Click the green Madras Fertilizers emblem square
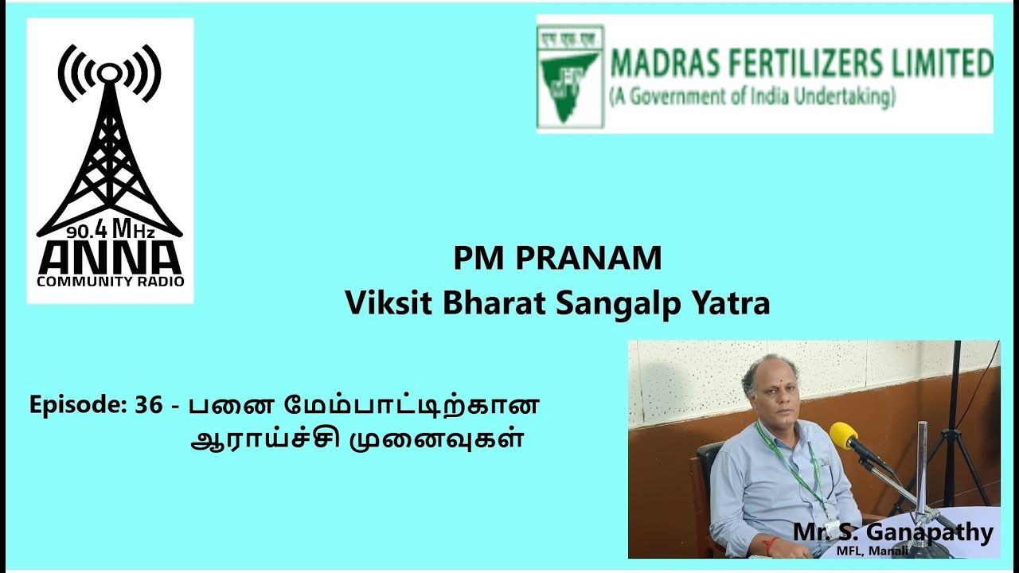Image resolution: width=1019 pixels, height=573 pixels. pos(569,76)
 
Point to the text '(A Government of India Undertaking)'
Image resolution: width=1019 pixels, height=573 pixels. pos(752,98)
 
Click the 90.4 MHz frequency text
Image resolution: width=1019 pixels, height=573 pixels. pos(110,232)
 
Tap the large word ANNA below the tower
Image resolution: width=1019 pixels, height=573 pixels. pos(110,256)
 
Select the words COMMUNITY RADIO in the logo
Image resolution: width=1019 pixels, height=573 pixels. pos(110,281)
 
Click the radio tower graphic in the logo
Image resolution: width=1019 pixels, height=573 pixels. pos(109,143)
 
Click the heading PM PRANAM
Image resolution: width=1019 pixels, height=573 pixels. pos(557,259)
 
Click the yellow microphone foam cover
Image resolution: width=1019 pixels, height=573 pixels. pos(844,435)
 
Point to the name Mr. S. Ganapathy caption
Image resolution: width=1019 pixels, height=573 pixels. pos(892,532)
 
